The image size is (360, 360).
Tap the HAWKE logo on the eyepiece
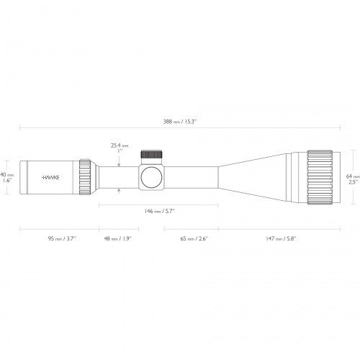click(x=50, y=176)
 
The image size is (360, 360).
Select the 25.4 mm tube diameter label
click(x=119, y=145)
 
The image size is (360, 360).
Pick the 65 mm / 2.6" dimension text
click(x=191, y=238)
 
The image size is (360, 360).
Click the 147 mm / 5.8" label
click(x=281, y=238)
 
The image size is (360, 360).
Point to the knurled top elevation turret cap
click(x=151, y=154)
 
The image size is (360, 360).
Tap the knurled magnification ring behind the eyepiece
click(x=86, y=176)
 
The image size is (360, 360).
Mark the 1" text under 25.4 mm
click(x=120, y=152)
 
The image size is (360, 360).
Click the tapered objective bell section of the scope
click(x=252, y=176)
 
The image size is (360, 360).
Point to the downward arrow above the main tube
click(x=119, y=161)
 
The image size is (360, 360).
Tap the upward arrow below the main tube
click(x=119, y=191)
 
